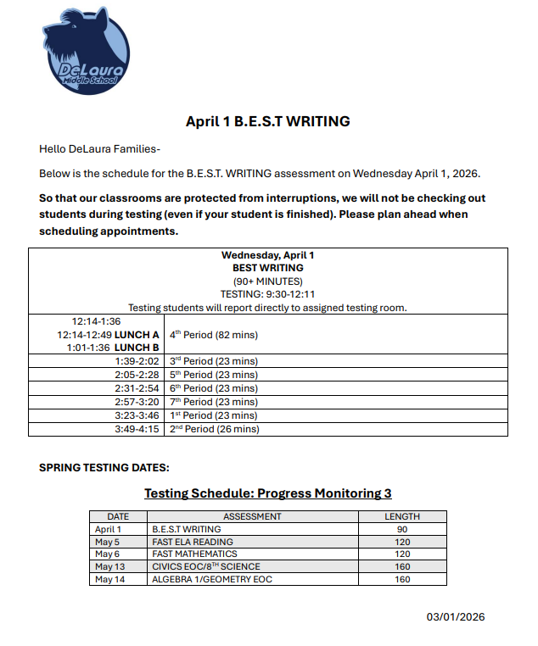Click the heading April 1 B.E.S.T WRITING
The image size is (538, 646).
click(267, 121)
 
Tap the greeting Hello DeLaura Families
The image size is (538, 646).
click(99, 149)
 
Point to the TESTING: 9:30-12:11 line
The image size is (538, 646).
click(267, 294)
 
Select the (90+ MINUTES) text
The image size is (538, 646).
click(267, 281)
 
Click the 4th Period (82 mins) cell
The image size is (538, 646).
click(213, 335)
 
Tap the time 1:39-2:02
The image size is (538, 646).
click(137, 361)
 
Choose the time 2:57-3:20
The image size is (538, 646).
click(137, 402)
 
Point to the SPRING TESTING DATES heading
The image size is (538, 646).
click(104, 467)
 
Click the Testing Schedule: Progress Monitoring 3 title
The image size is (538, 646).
click(267, 493)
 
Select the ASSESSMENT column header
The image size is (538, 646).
click(252, 516)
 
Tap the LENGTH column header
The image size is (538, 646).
click(402, 516)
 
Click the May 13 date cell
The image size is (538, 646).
click(109, 566)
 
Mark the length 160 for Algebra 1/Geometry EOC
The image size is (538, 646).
click(402, 579)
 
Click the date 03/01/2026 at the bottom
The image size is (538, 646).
click(455, 617)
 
